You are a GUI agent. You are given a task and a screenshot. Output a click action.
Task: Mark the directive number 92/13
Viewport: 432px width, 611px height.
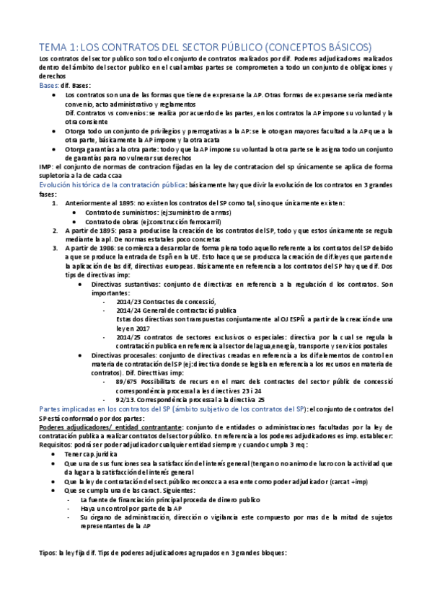click(x=126, y=398)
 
